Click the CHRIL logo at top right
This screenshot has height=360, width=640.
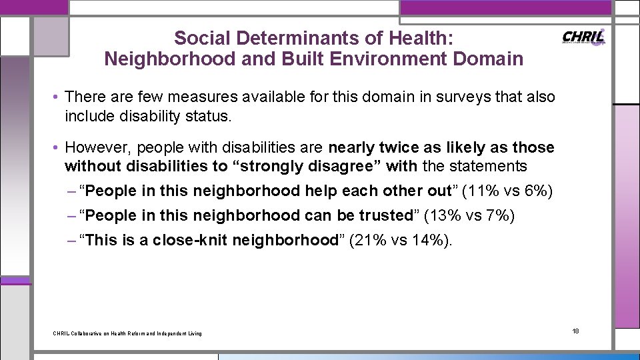pyautogui.click(x=584, y=37)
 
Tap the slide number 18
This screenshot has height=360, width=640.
pyautogui.click(x=576, y=331)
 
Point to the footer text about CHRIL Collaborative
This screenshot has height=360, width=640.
pyautogui.click(x=127, y=333)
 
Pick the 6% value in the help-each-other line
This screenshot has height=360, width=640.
pyautogui.click(x=535, y=191)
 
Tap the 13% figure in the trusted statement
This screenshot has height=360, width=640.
pyautogui.click(x=447, y=215)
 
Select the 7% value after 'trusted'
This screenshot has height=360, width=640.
pyautogui.click(x=497, y=215)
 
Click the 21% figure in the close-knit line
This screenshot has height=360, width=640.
pyautogui.click(x=369, y=240)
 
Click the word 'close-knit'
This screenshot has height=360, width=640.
pyautogui.click(x=188, y=240)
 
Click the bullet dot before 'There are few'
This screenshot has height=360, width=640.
pyautogui.click(x=56, y=97)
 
